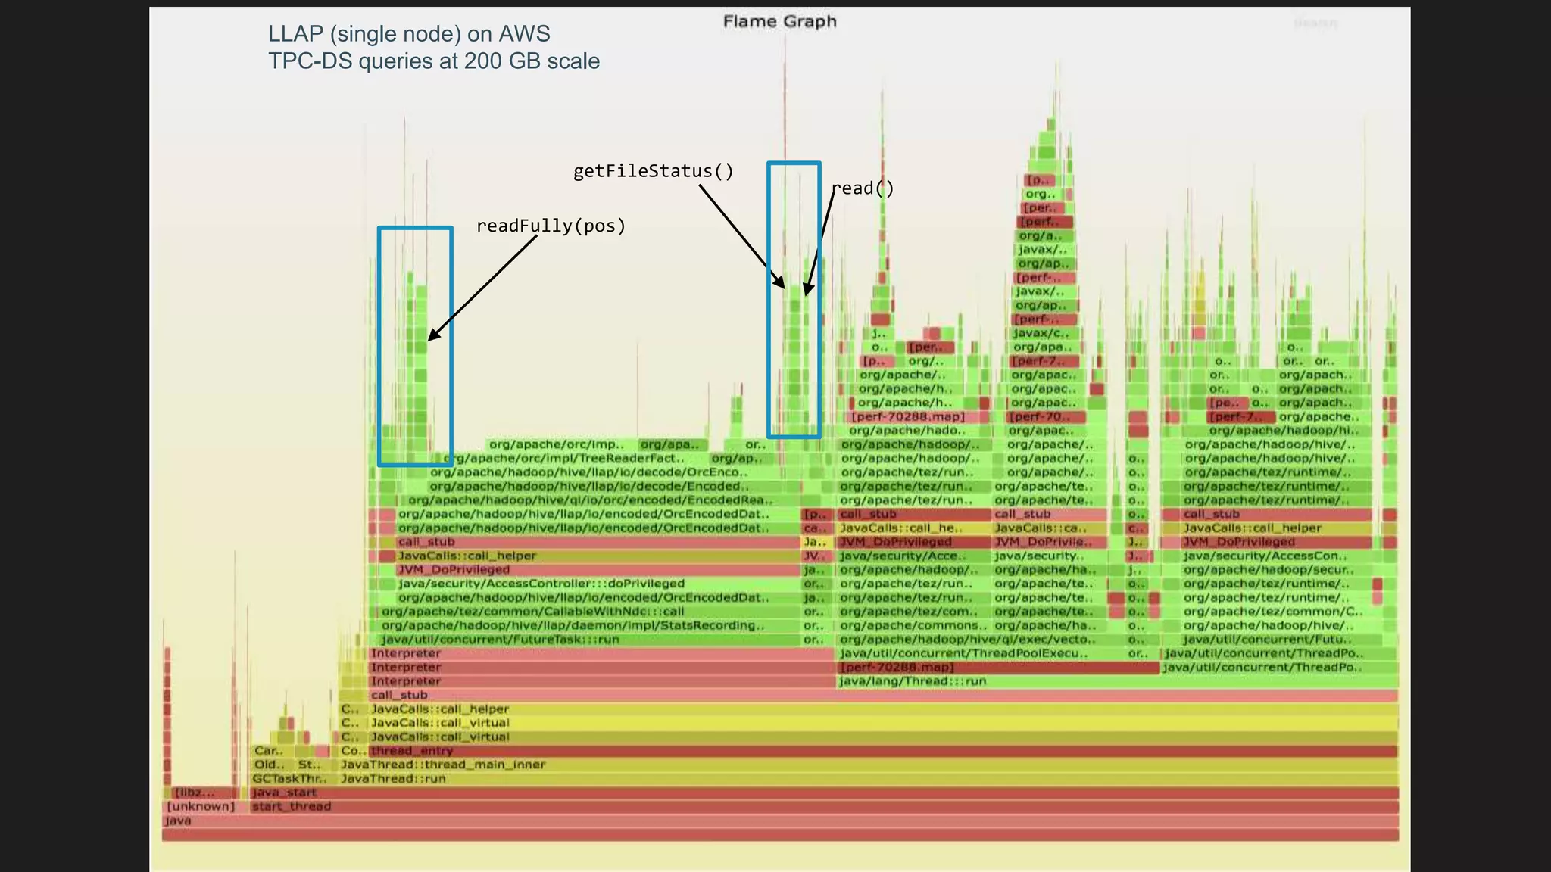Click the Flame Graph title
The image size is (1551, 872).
(x=779, y=21)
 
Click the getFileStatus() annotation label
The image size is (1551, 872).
(x=653, y=171)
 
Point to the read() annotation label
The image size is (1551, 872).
(x=863, y=188)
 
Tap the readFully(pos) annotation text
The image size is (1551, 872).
(x=551, y=226)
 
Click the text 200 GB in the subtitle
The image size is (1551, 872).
(x=495, y=61)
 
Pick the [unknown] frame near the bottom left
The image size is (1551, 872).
(x=201, y=806)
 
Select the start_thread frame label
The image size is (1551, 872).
(x=292, y=806)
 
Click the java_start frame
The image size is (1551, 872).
(x=284, y=793)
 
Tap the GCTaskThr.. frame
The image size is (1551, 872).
(x=289, y=778)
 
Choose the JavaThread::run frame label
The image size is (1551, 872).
(x=393, y=778)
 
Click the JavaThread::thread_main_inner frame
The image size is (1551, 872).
(x=443, y=765)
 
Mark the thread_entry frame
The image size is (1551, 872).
(x=411, y=751)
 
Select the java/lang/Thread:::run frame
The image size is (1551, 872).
(x=913, y=681)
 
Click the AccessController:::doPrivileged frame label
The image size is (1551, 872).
(x=541, y=584)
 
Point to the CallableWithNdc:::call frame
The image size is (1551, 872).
(x=532, y=612)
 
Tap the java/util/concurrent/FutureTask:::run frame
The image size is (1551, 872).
(x=500, y=640)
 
